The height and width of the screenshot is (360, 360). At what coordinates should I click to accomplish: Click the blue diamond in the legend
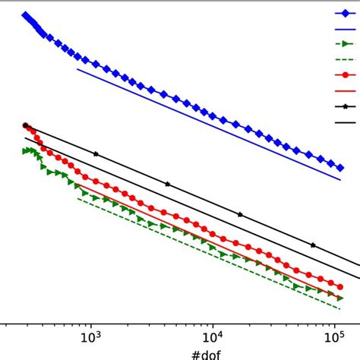coord(346,12)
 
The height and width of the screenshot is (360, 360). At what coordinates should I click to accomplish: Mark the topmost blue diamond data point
coord(25,14)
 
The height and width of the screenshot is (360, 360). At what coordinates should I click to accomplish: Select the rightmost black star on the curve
coord(313,245)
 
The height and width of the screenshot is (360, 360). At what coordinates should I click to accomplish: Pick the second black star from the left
coord(96,154)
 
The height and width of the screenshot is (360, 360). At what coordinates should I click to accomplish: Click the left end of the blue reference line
coord(77,70)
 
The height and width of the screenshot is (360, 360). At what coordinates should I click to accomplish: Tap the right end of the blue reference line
coord(339,180)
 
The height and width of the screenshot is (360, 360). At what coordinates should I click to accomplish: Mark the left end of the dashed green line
coord(77,198)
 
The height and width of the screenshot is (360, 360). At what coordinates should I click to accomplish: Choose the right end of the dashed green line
coord(339,308)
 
